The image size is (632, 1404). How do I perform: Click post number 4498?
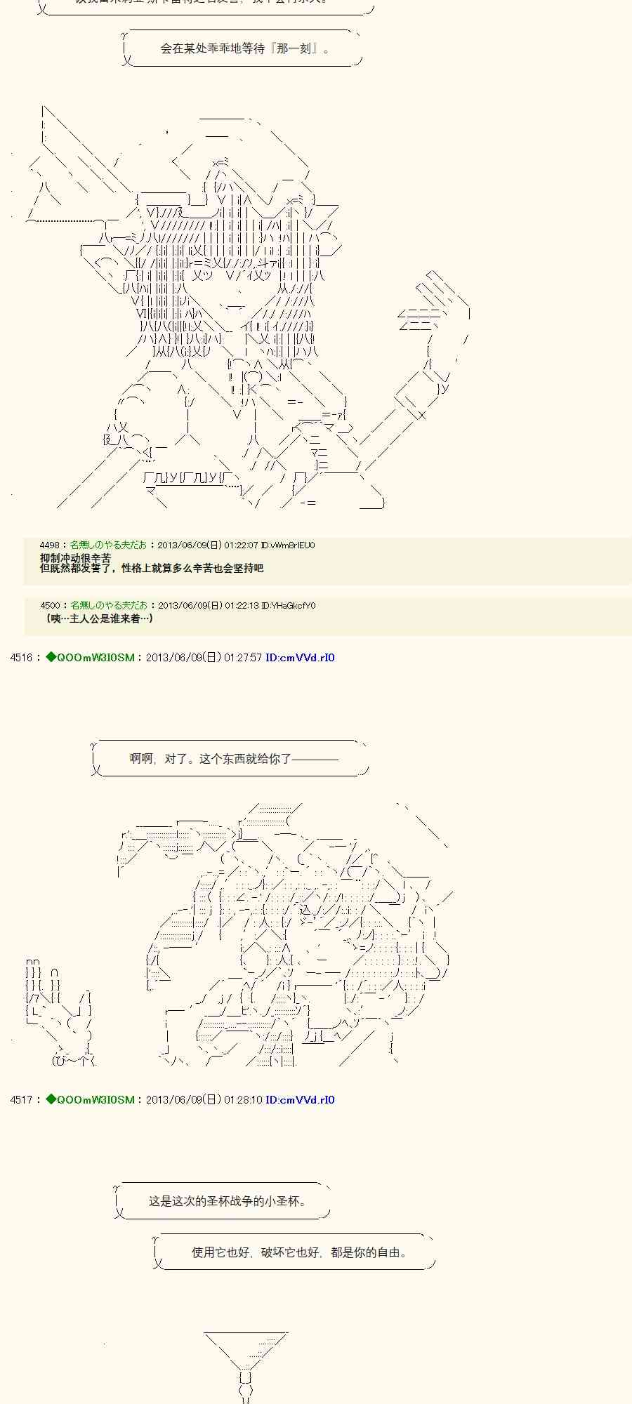click(x=49, y=545)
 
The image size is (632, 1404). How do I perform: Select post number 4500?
click(x=49, y=605)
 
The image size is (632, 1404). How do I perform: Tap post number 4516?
click(x=21, y=658)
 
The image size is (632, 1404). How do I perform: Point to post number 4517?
click(x=21, y=1099)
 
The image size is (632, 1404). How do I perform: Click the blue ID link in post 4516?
click(x=300, y=658)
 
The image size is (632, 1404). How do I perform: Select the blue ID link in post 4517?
click(x=300, y=1099)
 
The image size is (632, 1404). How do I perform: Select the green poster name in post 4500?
click(x=109, y=605)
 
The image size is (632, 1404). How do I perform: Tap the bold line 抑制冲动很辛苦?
click(x=76, y=557)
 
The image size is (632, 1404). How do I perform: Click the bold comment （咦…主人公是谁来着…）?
click(x=98, y=618)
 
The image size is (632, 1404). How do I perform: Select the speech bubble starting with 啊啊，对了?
click(x=234, y=758)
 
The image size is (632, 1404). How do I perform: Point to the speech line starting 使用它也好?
click(x=298, y=1252)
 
